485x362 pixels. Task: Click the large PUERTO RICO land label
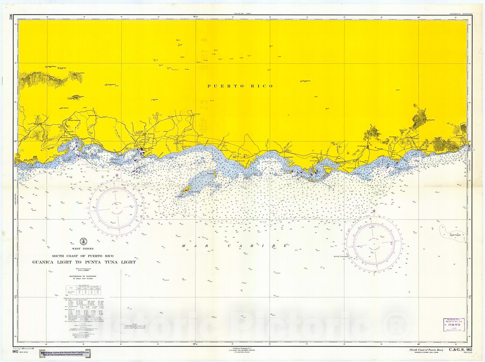tap(240, 86)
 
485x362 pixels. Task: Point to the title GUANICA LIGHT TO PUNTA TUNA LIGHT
tap(84, 262)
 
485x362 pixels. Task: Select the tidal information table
tap(84, 290)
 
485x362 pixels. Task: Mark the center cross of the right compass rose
tap(374, 244)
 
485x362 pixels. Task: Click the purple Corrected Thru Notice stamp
tap(453, 325)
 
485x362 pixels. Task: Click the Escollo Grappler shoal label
tap(457, 235)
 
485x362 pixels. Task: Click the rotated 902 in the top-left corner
tap(11, 17)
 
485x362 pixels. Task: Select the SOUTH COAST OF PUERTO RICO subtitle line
tap(82, 256)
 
